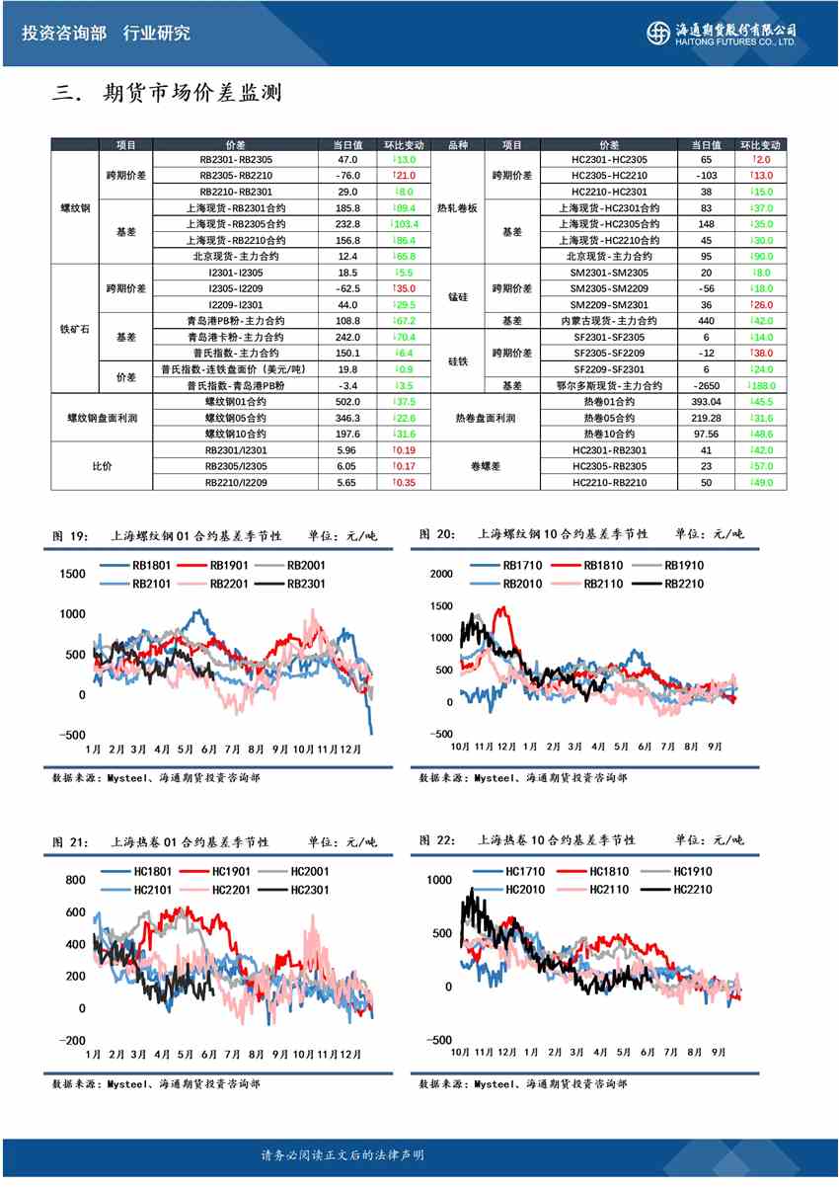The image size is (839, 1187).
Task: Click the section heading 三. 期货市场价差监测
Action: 168,94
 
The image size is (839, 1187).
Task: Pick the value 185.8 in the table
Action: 347,207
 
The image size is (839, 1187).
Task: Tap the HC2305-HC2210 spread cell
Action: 609,175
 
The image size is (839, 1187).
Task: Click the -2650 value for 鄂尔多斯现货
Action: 706,385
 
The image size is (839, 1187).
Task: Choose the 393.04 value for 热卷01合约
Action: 706,402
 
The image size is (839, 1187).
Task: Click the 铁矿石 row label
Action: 74,329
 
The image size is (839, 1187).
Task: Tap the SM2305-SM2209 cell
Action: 609,288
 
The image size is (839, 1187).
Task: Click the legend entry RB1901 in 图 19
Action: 227,566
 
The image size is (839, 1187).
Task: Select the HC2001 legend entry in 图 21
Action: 308,871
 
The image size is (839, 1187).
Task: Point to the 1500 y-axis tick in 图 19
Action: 73,574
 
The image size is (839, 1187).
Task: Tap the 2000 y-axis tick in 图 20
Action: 439,574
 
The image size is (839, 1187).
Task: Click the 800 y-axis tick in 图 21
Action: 76,880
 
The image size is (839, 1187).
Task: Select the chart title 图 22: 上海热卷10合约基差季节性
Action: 533,840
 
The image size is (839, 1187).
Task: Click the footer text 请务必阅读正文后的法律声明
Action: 342,1154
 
